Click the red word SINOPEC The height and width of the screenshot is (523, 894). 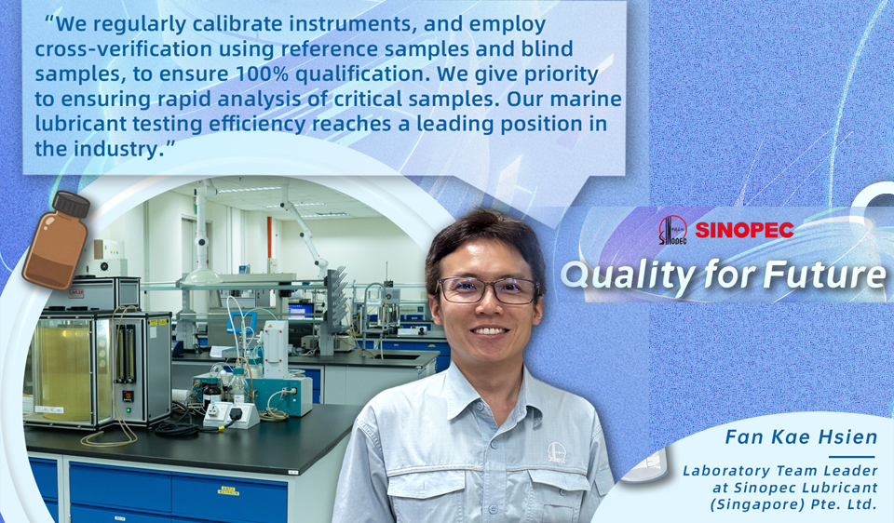(744, 230)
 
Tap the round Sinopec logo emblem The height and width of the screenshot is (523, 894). (672, 230)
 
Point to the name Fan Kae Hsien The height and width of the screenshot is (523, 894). (801, 437)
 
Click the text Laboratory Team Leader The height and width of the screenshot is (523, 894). (780, 471)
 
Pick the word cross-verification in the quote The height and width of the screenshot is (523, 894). (124, 49)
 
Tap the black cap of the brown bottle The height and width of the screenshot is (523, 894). (72, 205)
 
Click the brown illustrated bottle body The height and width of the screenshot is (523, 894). (55, 250)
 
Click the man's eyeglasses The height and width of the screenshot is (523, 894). (487, 289)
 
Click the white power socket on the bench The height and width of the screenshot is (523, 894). (231, 414)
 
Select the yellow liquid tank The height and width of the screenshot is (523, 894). (64, 369)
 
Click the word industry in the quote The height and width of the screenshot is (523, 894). (115, 149)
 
